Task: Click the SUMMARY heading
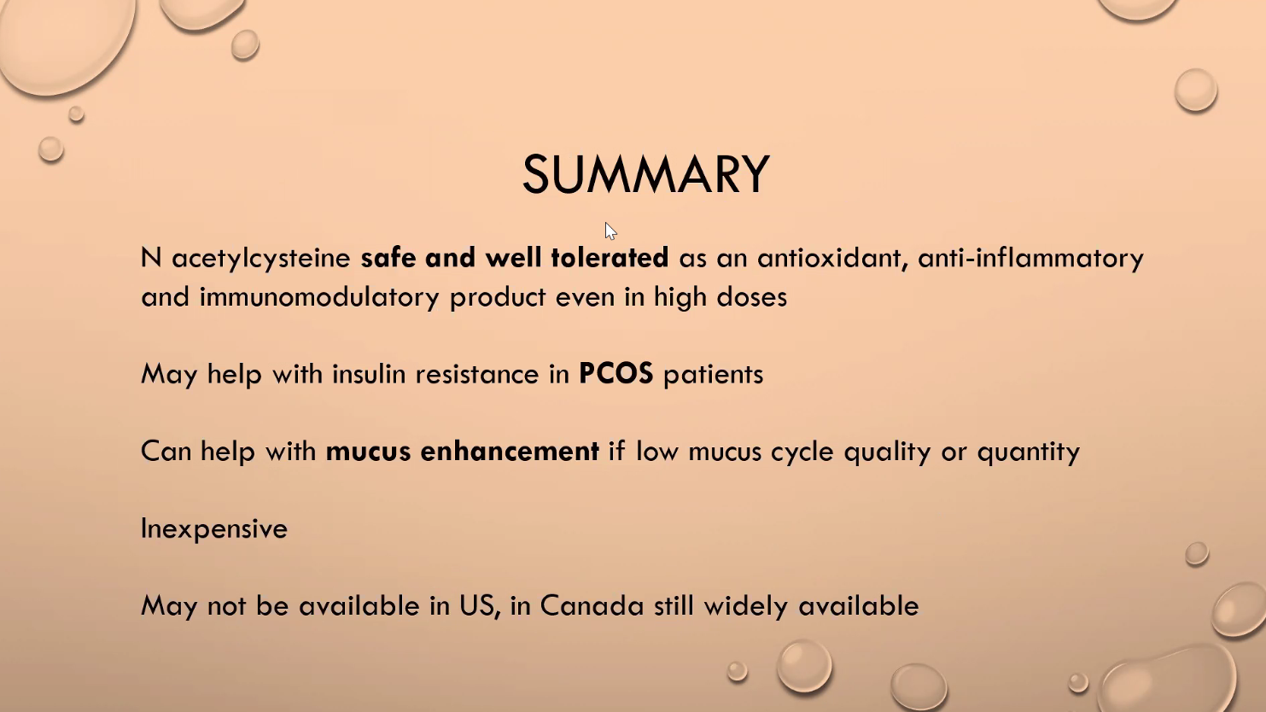coord(645,174)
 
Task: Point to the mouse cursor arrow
coord(610,231)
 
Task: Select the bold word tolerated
coord(610,257)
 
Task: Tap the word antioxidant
coord(832,258)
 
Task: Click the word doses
coord(752,297)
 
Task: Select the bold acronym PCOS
coord(616,374)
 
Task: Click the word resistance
coord(477,375)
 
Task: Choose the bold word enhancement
coord(510,451)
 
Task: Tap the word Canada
coord(592,605)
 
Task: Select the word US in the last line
coord(480,606)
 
